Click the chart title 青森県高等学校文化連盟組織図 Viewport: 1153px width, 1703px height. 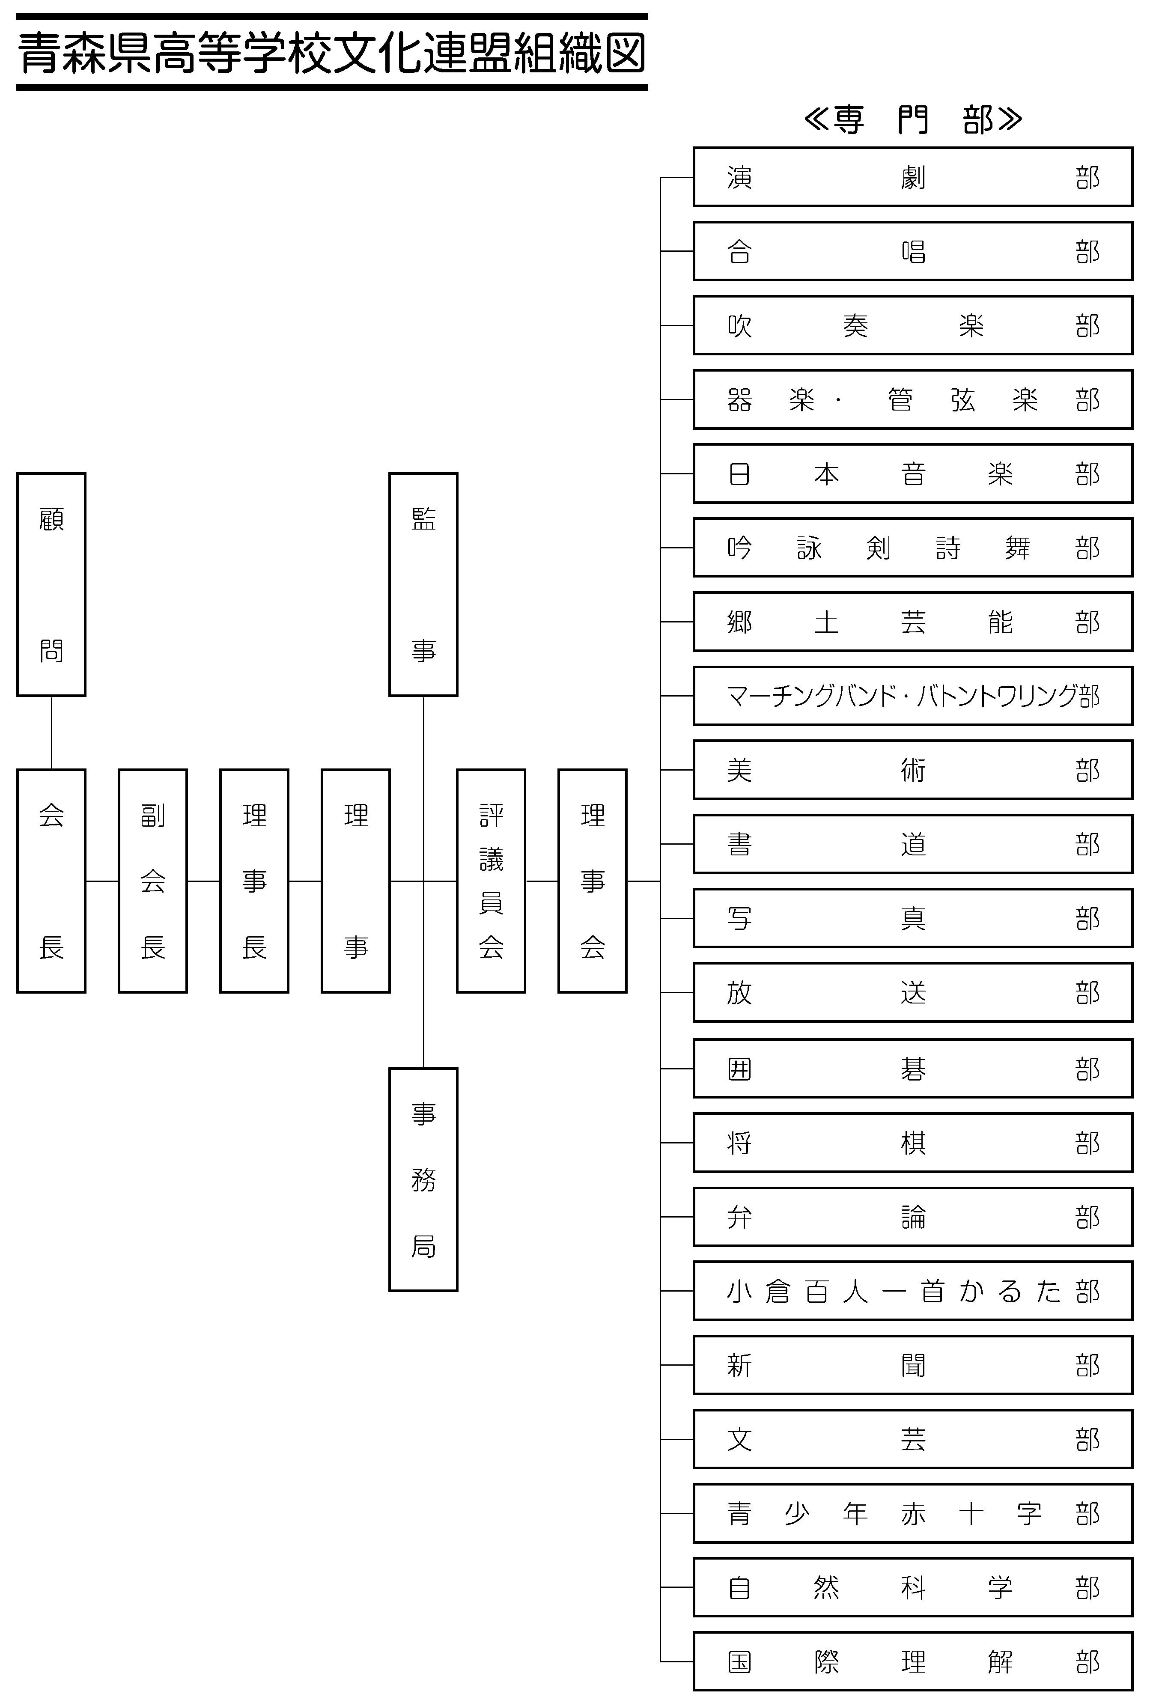click(332, 53)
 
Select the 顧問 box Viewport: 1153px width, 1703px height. click(51, 584)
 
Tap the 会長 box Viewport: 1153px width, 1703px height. click(51, 881)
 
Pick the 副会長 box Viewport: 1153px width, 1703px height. click(152, 881)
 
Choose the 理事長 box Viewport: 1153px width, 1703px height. click(254, 881)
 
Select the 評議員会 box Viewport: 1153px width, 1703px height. click(491, 881)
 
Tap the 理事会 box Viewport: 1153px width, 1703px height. click(592, 881)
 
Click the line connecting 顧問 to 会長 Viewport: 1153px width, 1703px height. click(51, 733)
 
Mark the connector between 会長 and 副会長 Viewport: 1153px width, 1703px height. click(102, 881)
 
